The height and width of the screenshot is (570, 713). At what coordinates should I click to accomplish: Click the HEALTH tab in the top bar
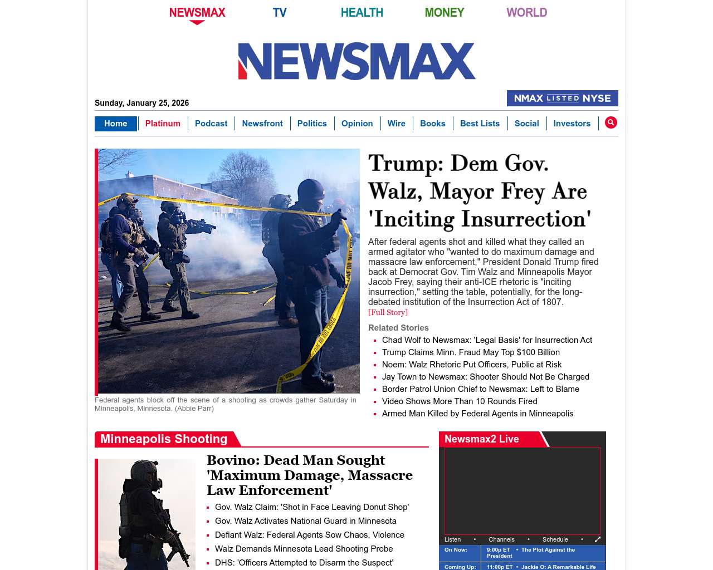[362, 12]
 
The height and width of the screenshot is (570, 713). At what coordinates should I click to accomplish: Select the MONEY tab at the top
[444, 12]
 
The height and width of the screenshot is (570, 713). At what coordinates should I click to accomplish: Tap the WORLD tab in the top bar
[526, 12]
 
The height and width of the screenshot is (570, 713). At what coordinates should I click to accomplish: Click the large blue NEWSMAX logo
[356, 61]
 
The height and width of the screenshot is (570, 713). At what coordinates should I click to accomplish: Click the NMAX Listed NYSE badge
[562, 98]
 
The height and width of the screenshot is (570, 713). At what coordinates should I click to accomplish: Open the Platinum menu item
[163, 124]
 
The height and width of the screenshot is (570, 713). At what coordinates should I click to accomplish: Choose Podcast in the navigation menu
[211, 124]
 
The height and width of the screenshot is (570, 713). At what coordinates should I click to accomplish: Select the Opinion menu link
[357, 124]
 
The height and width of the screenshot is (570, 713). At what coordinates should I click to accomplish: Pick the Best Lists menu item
[480, 124]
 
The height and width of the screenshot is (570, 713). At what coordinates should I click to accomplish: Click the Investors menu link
[572, 124]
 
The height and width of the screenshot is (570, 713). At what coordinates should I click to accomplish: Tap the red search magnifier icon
[611, 122]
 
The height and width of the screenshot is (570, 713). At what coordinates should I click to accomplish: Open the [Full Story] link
[388, 312]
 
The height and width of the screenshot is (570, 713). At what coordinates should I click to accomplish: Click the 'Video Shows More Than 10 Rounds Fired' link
[460, 401]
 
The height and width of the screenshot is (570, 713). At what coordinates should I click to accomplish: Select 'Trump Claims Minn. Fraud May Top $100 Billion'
[471, 352]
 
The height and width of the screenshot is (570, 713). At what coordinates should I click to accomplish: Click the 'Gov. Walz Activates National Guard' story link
[306, 521]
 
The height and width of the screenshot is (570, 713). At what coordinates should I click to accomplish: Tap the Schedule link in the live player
[555, 539]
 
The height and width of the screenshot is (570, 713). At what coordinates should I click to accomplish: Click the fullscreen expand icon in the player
[598, 539]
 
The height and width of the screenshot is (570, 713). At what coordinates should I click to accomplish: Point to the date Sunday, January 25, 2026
[141, 103]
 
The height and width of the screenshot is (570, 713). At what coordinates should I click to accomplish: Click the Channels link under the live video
[501, 539]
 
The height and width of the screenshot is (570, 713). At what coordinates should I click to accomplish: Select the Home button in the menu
[115, 124]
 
